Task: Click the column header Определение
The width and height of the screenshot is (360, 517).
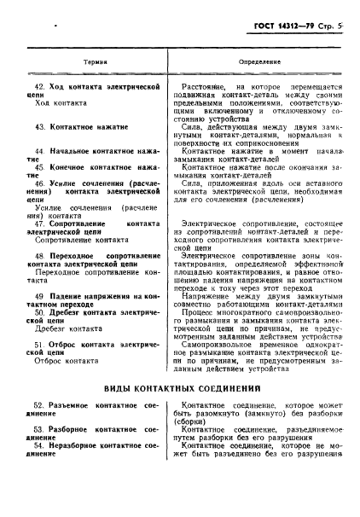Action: pyautogui.click(x=258, y=63)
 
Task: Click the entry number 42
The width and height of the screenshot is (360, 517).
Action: pyautogui.click(x=36, y=87)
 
